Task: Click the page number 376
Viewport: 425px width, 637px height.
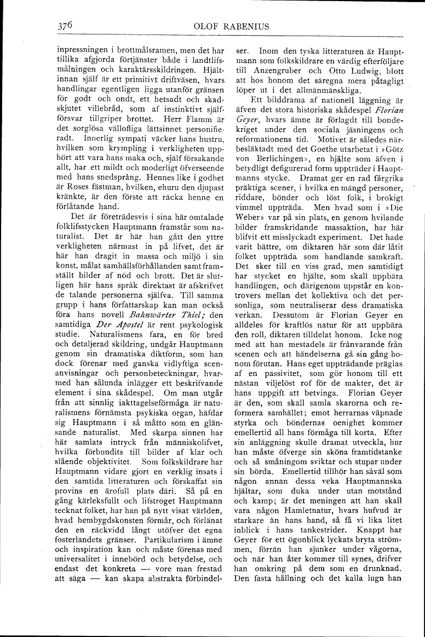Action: point(66,25)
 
